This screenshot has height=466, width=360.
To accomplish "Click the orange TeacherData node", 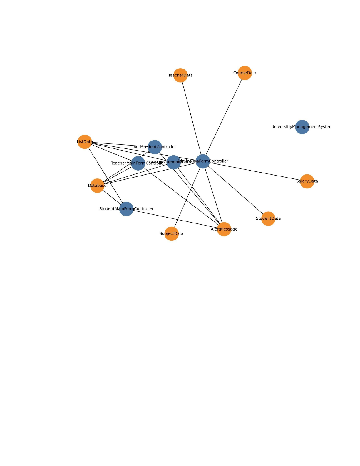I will (180, 75).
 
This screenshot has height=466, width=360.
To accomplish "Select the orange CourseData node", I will (245, 73).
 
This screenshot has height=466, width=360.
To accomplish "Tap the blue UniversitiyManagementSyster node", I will (302, 127).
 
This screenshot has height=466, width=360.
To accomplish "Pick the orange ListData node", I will (85, 142).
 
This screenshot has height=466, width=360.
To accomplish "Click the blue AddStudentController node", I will (155, 147).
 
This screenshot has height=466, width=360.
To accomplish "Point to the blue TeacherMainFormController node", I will (138, 163).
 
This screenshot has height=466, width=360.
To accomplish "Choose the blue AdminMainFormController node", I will (203, 161).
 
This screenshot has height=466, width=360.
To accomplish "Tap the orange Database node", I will (97, 186).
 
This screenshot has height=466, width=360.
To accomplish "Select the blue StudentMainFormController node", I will (126, 209).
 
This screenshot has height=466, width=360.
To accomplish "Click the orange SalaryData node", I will (307, 181).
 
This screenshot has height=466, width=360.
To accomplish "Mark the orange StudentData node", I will (268, 218).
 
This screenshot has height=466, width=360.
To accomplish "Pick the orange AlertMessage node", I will (224, 229).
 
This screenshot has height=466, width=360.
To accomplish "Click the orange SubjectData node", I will (172, 233).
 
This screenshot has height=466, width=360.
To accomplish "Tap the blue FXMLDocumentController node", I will (174, 162).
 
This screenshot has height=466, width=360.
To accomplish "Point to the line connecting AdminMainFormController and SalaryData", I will (255, 171).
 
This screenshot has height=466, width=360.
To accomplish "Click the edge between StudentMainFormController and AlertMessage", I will (175, 219).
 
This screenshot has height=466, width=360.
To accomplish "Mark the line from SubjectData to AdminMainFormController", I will (187, 197).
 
